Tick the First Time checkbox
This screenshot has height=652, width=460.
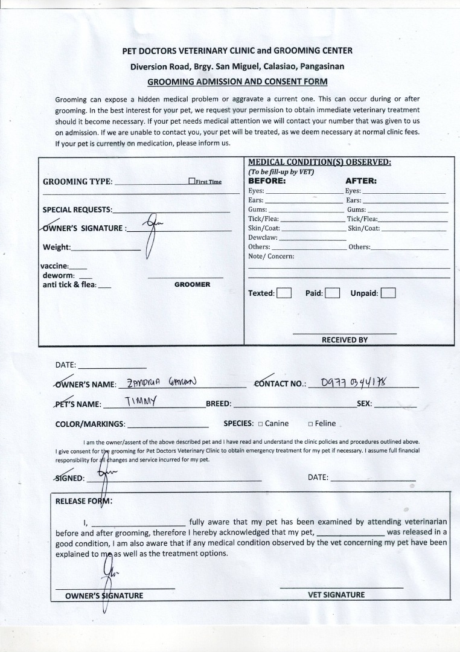click(192, 181)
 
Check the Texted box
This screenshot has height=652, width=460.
click(284, 293)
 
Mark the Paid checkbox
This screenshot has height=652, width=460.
click(333, 293)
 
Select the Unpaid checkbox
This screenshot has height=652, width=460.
click(388, 293)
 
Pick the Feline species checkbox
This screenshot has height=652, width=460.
click(310, 424)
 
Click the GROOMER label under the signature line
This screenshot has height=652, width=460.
click(192, 284)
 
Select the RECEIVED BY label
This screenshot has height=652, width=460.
click(344, 340)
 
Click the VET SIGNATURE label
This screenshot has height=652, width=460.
click(336, 595)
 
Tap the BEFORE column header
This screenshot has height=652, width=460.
click(267, 180)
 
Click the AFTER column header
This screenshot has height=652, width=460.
click(360, 180)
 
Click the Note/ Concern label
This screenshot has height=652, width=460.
click(271, 257)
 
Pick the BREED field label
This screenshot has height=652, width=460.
click(219, 404)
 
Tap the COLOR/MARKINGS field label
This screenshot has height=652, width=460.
click(90, 424)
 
